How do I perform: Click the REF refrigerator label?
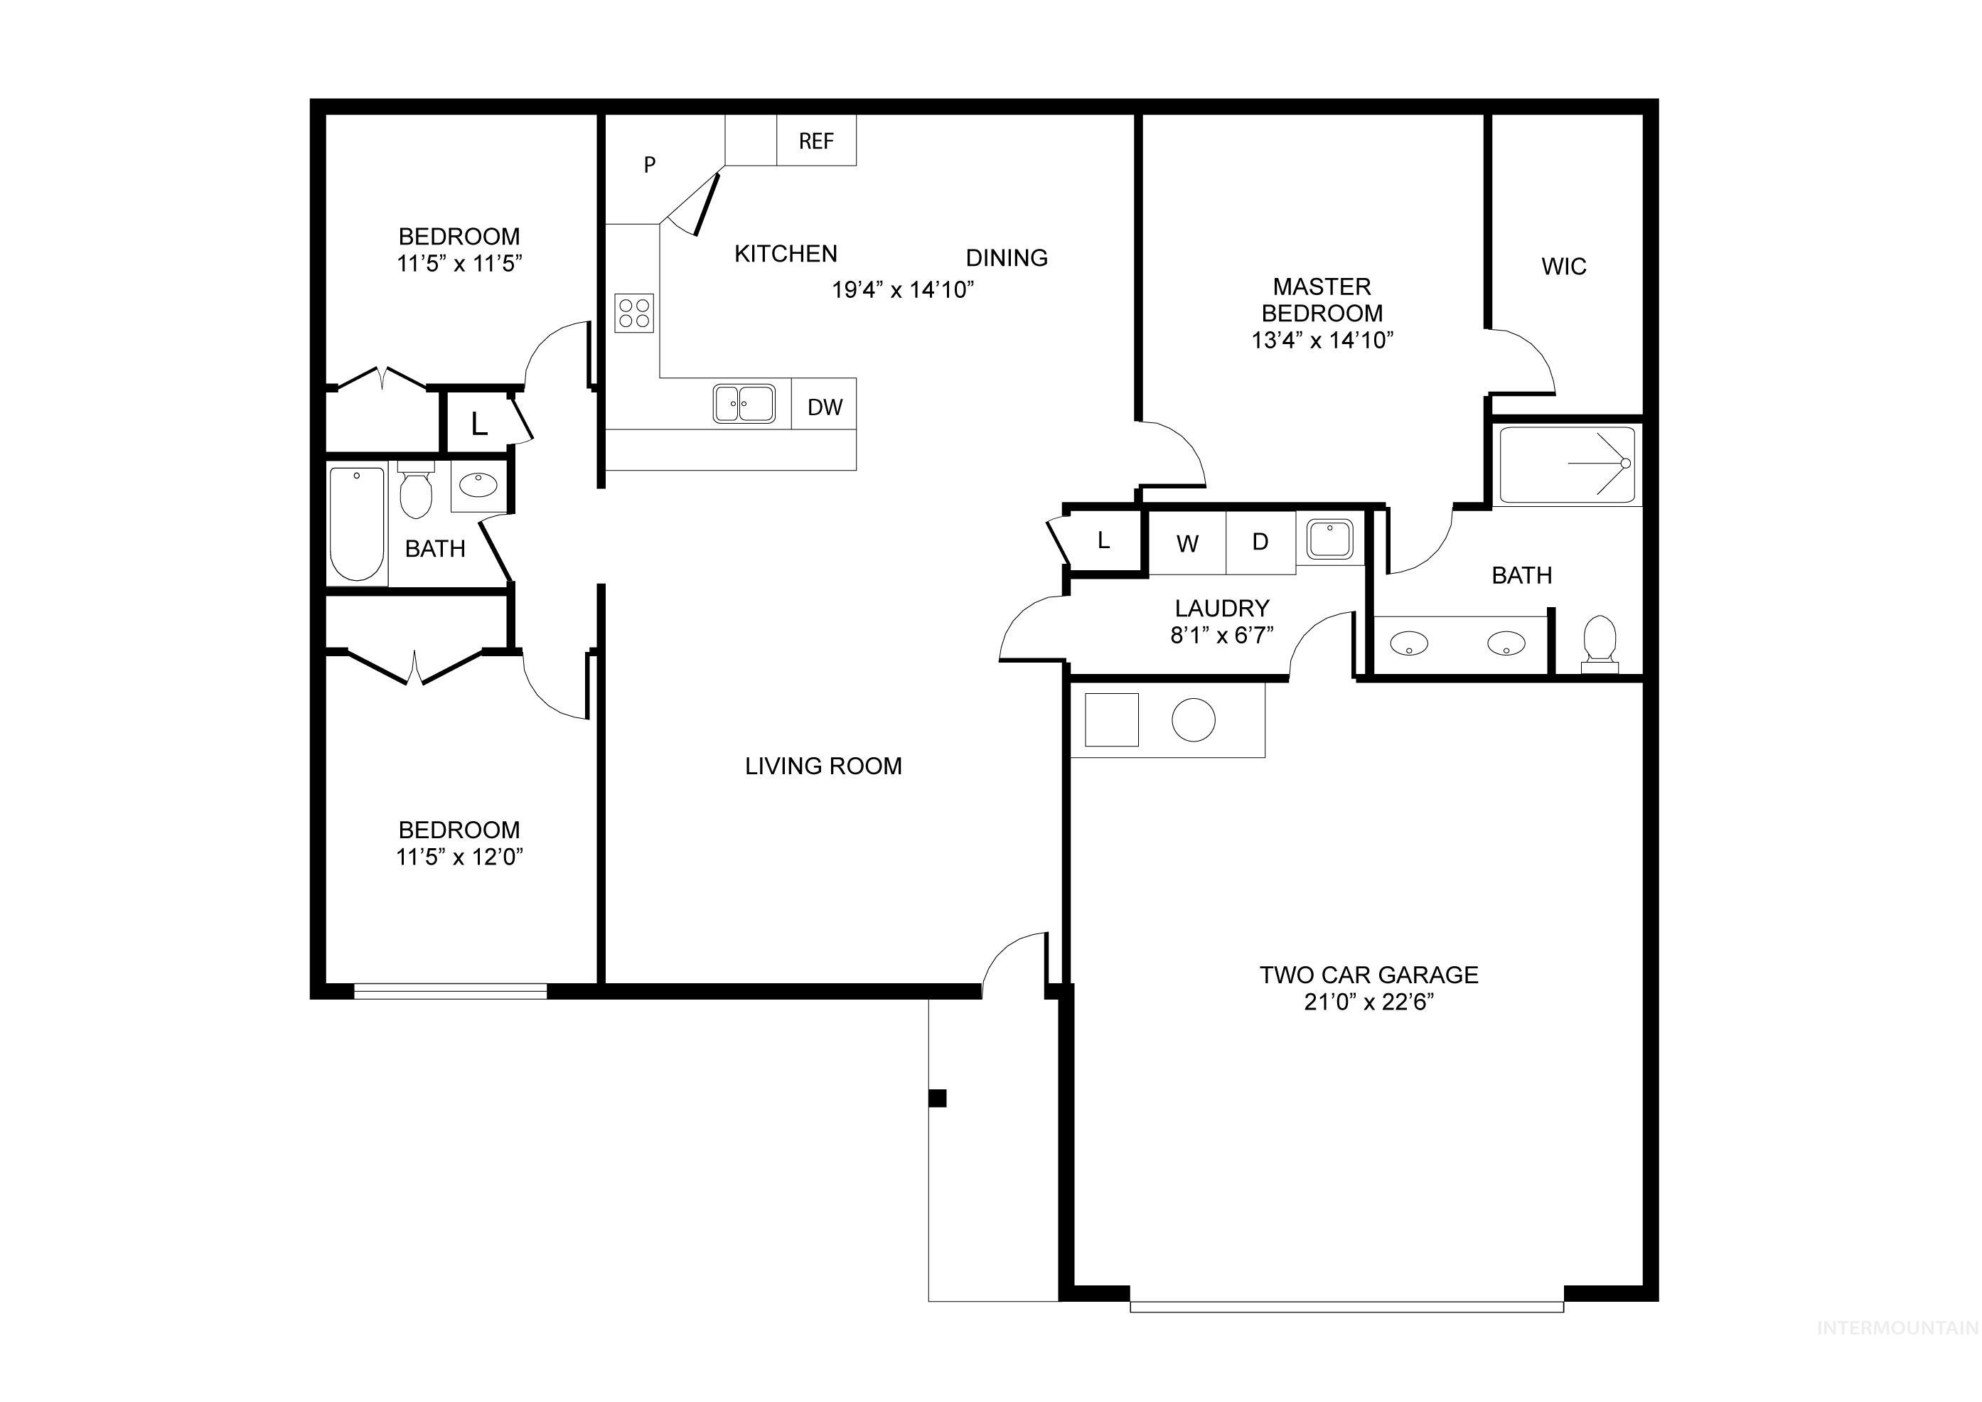click(x=816, y=141)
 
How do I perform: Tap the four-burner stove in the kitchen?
click(x=634, y=313)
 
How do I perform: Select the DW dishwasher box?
click(x=825, y=407)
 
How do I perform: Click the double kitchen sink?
click(x=744, y=404)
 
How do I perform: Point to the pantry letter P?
click(x=650, y=164)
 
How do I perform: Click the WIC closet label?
click(x=1563, y=267)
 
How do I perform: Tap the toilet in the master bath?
click(x=1600, y=643)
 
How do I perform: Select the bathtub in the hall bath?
click(x=357, y=524)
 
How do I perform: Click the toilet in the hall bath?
click(x=416, y=493)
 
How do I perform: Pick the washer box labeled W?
click(x=1187, y=544)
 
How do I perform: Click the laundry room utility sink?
click(x=1329, y=539)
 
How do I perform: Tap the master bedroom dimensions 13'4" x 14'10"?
click(x=1322, y=340)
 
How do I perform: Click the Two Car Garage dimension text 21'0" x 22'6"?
click(x=1368, y=1002)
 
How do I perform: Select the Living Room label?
click(x=823, y=766)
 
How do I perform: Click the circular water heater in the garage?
click(x=1193, y=719)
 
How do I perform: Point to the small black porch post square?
click(x=938, y=1098)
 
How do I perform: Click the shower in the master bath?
click(x=1567, y=464)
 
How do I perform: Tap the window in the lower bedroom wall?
click(x=451, y=991)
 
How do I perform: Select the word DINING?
click(x=1007, y=257)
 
